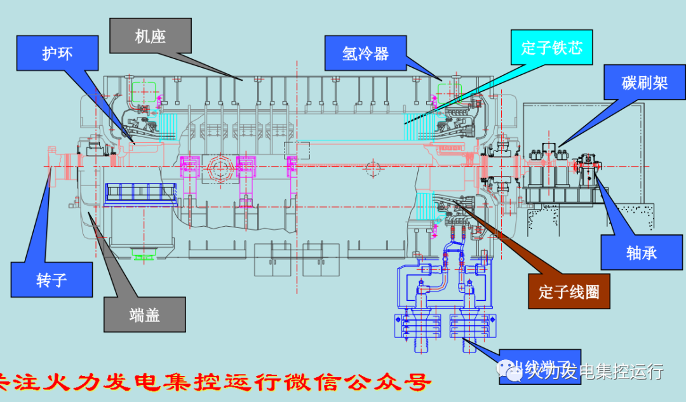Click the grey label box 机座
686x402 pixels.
point(150,36)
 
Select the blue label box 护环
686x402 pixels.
point(58,53)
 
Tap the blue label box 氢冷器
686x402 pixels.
point(365,53)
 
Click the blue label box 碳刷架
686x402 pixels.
point(643,83)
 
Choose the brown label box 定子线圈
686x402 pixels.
point(568,291)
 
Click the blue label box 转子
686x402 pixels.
point(51,279)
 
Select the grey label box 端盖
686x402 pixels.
point(145,314)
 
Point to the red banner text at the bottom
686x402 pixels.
point(216,382)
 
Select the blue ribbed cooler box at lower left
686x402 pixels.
point(141,192)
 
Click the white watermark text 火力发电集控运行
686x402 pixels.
point(594,370)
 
